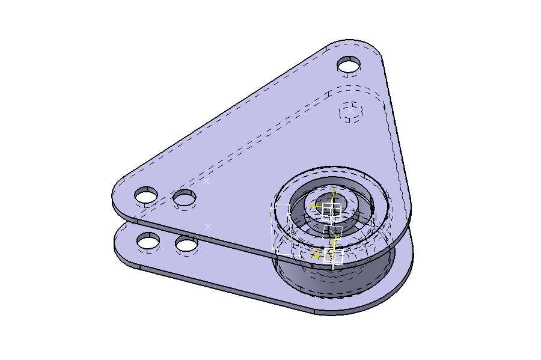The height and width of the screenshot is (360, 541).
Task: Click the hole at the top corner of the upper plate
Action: [x=349, y=64]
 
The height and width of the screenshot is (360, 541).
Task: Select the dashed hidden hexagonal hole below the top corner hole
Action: [x=352, y=111]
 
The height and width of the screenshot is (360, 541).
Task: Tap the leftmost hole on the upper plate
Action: [x=146, y=195]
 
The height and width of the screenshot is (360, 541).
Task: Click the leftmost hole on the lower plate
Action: [x=148, y=242]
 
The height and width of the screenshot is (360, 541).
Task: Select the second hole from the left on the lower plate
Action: [x=187, y=245]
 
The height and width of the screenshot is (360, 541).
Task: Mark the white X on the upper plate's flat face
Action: [x=207, y=180]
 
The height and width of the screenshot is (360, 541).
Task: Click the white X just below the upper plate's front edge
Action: [x=208, y=227]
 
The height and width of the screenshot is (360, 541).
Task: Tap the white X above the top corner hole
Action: [x=347, y=43]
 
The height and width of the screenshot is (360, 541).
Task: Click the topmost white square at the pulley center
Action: [x=331, y=210]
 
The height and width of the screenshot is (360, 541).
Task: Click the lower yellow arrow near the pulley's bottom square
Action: [x=317, y=254]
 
